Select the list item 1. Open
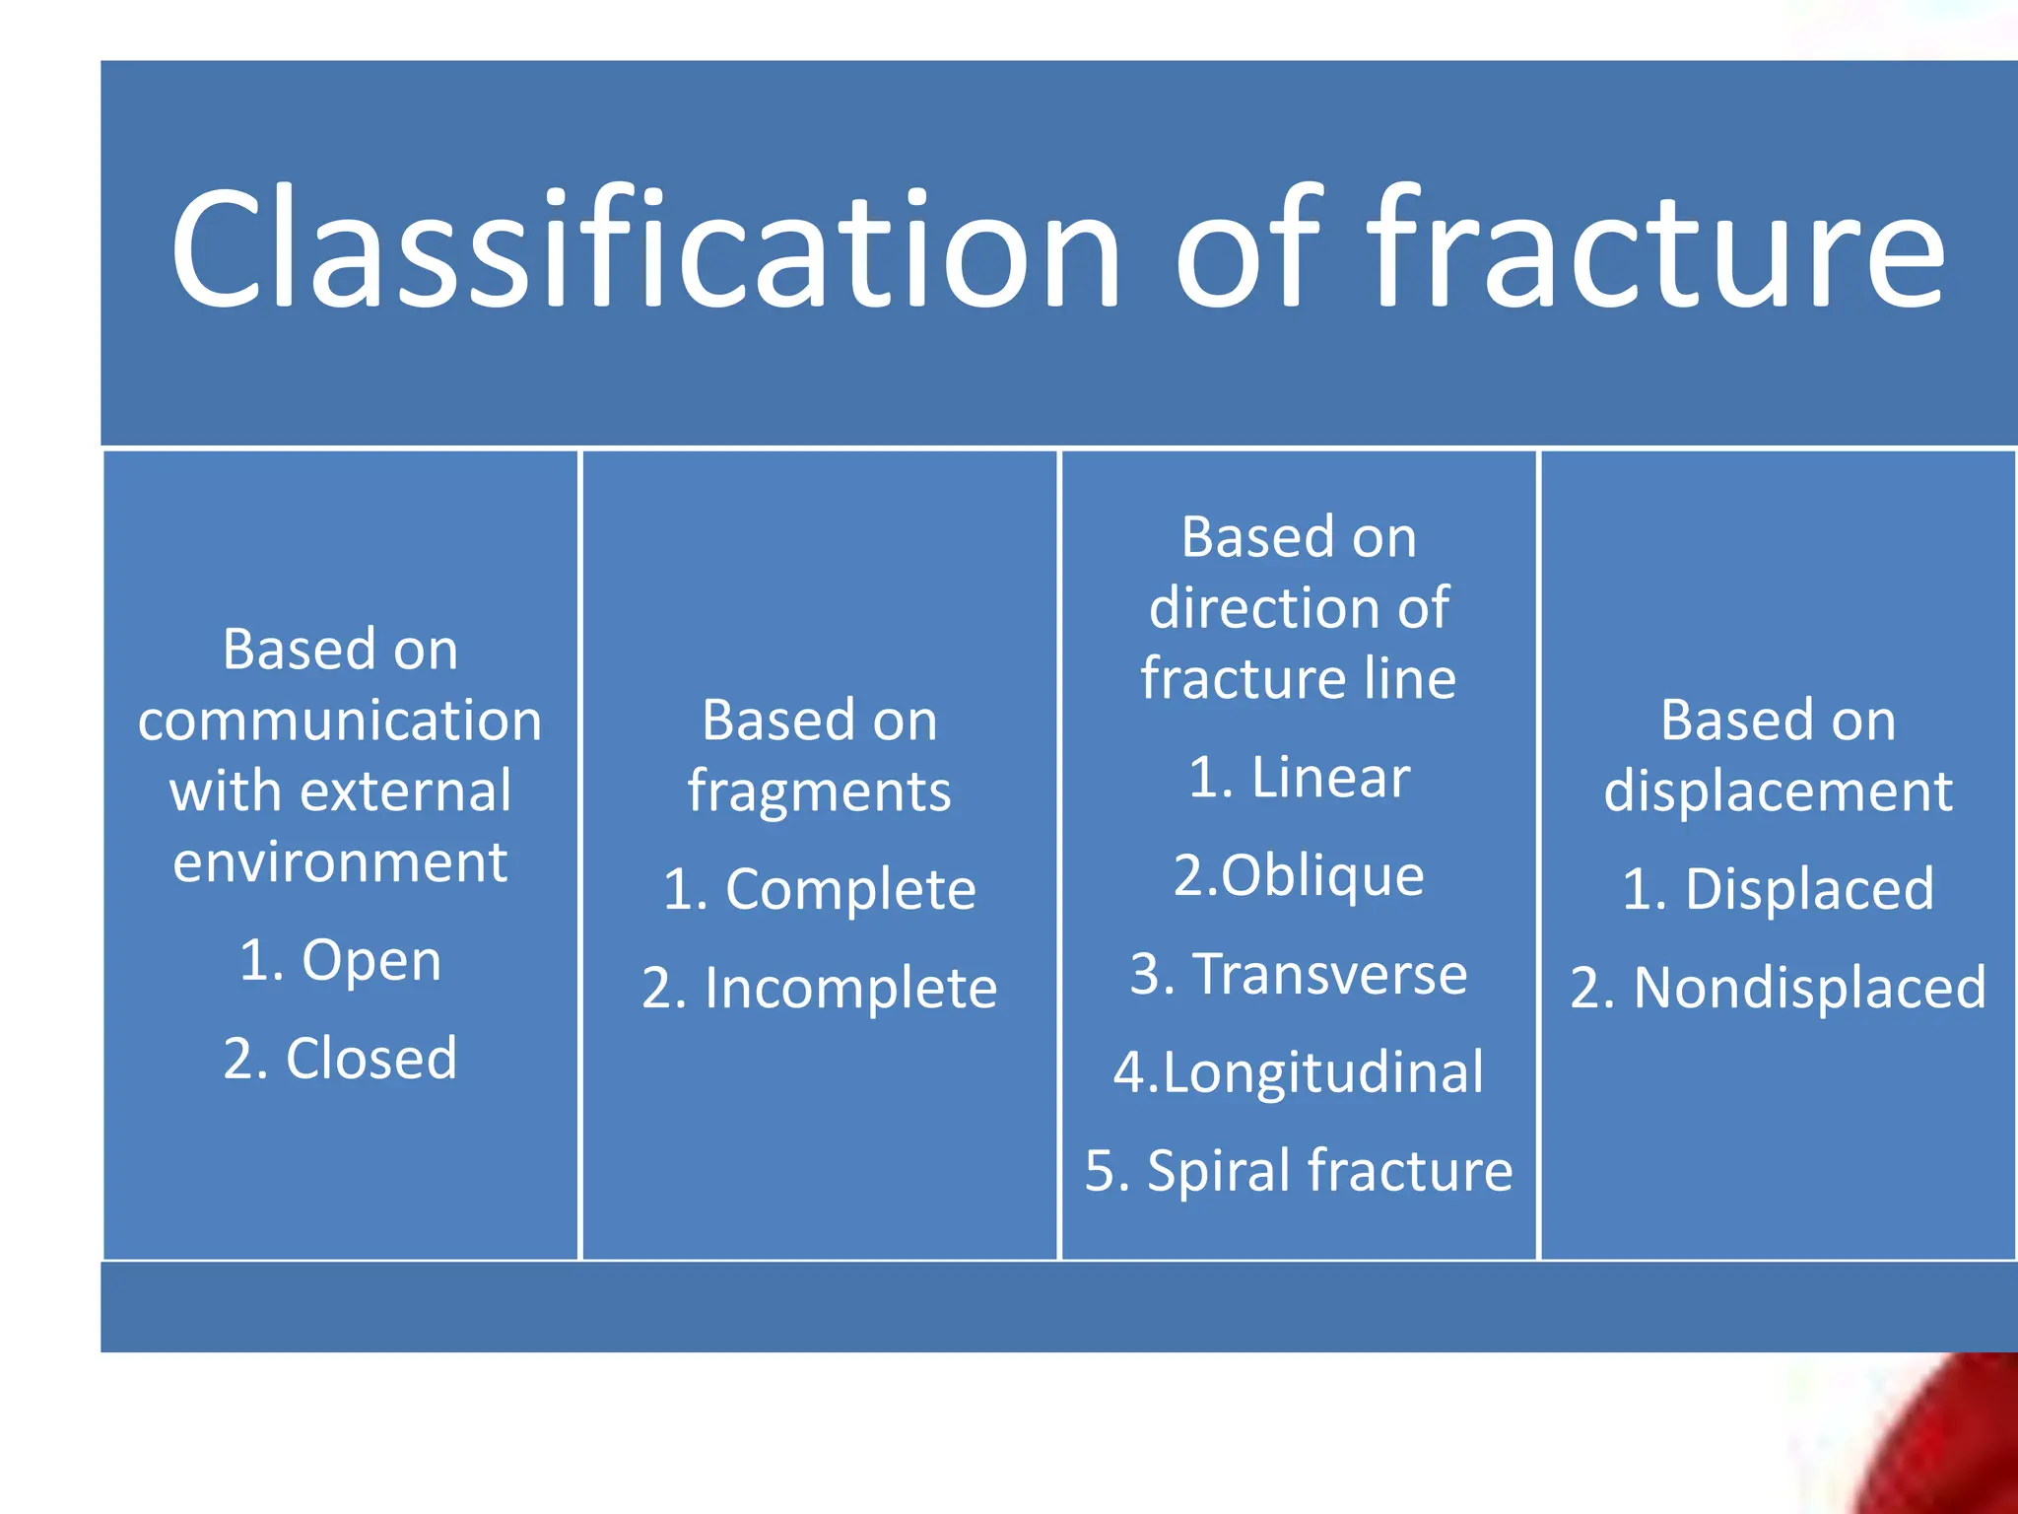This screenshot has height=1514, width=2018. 340,960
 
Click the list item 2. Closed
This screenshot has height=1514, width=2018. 340,1059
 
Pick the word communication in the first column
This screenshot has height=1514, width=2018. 340,721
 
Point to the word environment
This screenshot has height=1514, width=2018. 340,862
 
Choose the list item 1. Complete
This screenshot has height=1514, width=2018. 819,889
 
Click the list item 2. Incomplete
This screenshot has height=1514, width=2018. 819,988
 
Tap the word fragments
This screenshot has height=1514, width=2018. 819,791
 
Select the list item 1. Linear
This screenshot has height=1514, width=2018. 1299,778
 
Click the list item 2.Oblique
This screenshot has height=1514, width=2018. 1299,875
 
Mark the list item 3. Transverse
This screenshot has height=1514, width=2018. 1299,974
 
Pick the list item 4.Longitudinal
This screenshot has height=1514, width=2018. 1299,1072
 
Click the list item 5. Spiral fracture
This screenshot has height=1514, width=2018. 1299,1171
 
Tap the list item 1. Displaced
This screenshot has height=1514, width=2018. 1778,889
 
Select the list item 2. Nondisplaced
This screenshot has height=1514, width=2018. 1778,988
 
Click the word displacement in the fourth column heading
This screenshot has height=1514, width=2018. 1778,791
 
